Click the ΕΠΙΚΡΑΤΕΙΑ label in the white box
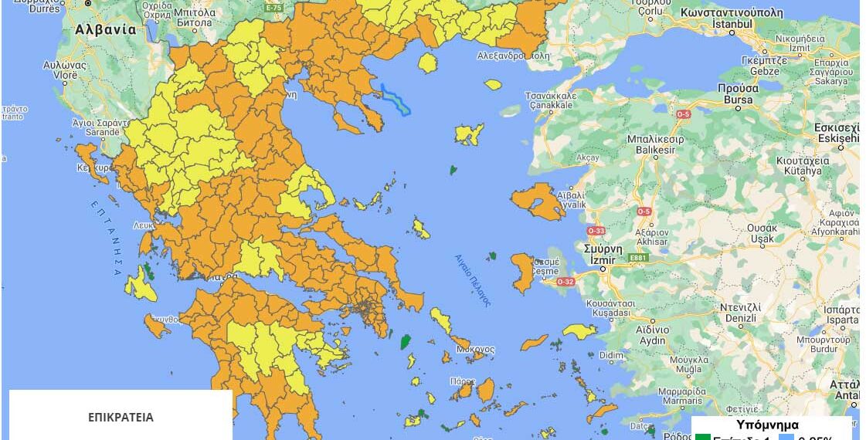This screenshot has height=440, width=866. pos(121,418)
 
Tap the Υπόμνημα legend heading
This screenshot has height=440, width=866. pos(767,425)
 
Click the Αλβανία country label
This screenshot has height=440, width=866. pos(105,30)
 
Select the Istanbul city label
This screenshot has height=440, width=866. pos(731,24)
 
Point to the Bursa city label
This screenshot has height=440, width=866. pos(734,99)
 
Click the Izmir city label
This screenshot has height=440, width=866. pos(602,260)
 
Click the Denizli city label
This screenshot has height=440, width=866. pos(740,317)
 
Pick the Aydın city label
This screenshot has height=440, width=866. pos(652,340)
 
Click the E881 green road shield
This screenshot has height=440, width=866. pos(637,258)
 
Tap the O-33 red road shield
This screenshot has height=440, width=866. pos(594,231)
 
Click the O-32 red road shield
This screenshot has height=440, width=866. pos(565,282)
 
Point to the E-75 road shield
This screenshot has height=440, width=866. pos(273,7)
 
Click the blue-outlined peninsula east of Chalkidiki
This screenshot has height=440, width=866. pos(396,100)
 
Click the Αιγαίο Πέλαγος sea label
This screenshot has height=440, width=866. pos(472,280)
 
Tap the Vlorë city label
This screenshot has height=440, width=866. pos(64,75)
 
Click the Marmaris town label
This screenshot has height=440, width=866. pos(659,401)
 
